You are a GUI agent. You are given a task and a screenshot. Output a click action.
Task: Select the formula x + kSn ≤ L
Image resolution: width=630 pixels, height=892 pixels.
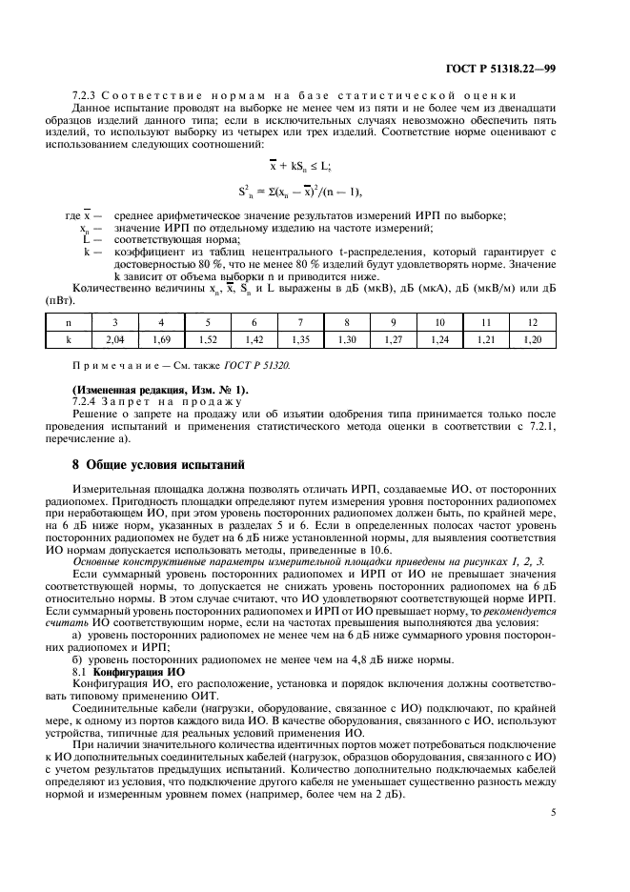pos(315,166)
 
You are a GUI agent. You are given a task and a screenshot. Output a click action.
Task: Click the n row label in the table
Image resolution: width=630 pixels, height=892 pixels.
pos(68,322)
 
